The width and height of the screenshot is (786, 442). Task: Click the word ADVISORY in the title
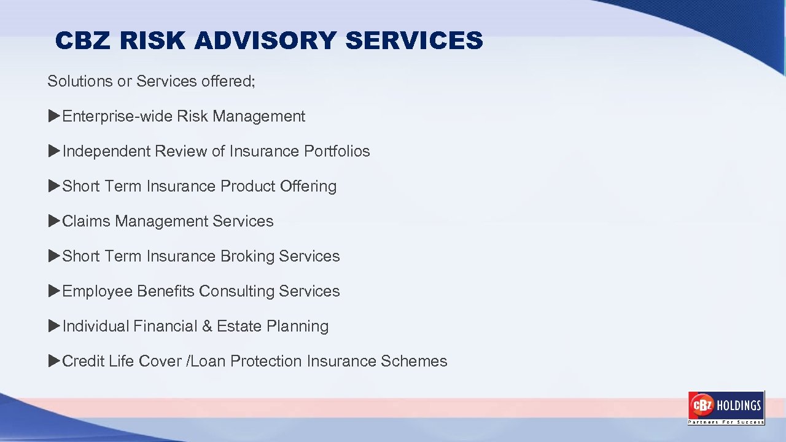tap(266, 41)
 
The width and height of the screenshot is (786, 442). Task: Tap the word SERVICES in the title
tap(414, 41)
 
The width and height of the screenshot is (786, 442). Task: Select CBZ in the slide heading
tap(84, 41)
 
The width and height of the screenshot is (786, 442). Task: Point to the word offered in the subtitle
tap(228, 81)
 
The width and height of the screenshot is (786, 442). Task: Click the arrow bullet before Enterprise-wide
tap(54, 116)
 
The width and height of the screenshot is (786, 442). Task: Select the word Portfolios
tap(337, 151)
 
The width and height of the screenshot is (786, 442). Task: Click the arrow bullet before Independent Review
tap(54, 151)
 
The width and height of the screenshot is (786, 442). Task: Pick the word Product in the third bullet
tap(247, 186)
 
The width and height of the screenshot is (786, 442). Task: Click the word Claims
tap(86, 221)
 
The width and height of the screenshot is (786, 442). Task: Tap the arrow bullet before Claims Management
tap(54, 221)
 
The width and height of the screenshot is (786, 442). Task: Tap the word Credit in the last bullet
tap(84, 361)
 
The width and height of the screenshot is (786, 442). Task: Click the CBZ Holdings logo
tap(726, 408)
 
